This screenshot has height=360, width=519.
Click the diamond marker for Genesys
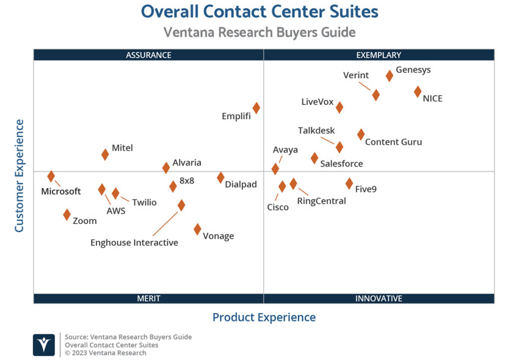tap(389, 76)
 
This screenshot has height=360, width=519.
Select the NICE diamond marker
tap(418, 92)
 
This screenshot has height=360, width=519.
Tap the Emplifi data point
tap(256, 107)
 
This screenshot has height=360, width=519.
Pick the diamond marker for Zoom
tap(67, 214)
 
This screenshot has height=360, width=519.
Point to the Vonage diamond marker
tap(197, 229)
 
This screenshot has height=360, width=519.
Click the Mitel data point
tap(105, 154)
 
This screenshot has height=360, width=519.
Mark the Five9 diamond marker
tap(349, 183)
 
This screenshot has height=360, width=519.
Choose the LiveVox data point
tap(339, 107)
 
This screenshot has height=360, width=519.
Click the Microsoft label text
tap(61, 192)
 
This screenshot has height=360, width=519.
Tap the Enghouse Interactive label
tap(134, 243)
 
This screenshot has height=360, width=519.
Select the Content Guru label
tap(393, 142)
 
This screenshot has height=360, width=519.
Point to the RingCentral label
tap(321, 201)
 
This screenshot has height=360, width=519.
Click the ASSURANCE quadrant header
tap(148, 55)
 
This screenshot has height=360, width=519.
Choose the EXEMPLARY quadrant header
tap(379, 55)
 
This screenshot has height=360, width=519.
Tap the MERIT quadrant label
tap(148, 298)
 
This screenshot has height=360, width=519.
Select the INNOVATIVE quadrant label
tap(379, 298)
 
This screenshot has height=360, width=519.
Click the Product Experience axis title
tap(264, 317)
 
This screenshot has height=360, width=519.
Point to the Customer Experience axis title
tap(20, 176)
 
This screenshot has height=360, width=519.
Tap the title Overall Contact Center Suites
tap(259, 12)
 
